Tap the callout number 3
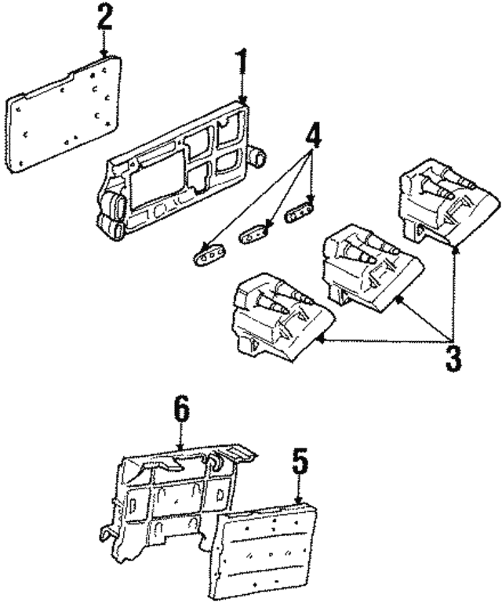(x=453, y=354)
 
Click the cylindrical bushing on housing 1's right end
(x=259, y=158)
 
